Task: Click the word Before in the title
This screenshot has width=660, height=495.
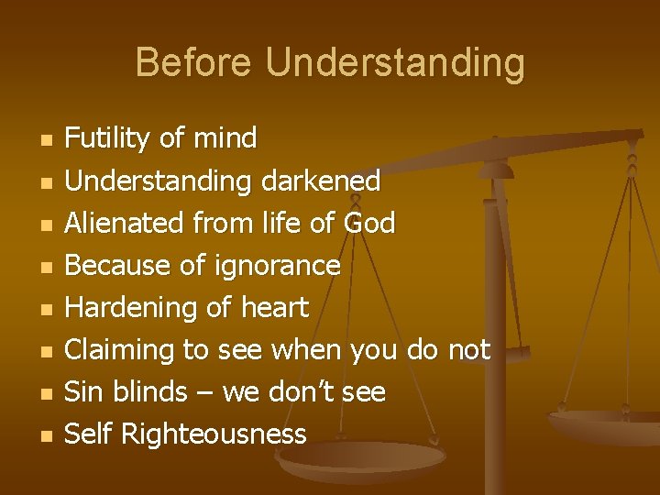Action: (194, 63)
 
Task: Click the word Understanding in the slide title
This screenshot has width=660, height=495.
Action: (395, 64)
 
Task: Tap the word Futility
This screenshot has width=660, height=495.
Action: (109, 139)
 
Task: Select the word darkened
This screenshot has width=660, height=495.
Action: (320, 181)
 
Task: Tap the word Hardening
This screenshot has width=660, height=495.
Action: (126, 307)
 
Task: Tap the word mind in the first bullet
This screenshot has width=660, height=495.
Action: (225, 139)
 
